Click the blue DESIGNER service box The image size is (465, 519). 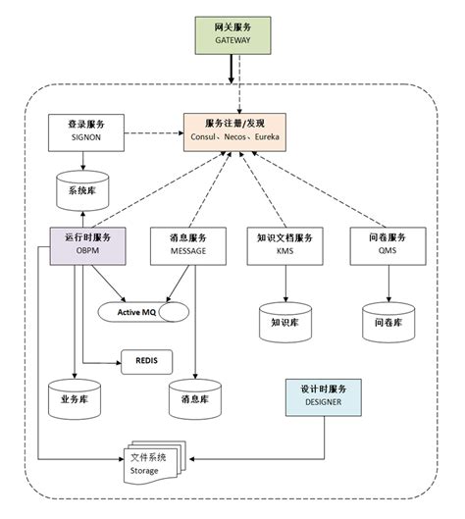pyautogui.click(x=325, y=394)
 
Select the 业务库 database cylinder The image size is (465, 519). pyautogui.click(x=75, y=398)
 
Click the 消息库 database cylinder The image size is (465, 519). pyautogui.click(x=195, y=398)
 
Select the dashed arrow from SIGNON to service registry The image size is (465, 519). pyautogui.click(x=151, y=132)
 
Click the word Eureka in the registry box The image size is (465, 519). pyautogui.click(x=267, y=137)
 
